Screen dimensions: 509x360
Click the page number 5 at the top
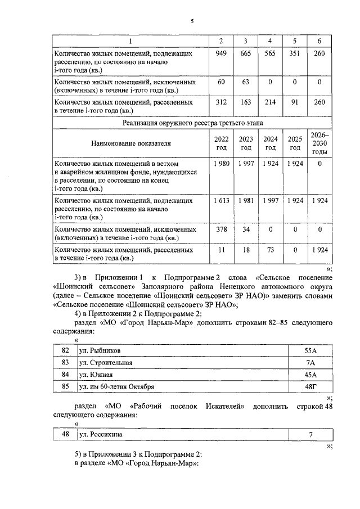coord(191,21)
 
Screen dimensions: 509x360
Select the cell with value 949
coord(221,54)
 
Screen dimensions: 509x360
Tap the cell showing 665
coord(245,54)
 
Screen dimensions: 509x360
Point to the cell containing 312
coord(221,102)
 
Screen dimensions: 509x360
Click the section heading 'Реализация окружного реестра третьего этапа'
coord(192,121)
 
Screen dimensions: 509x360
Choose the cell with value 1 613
coord(221,201)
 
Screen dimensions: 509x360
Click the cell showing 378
coord(221,230)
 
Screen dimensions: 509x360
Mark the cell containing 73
coord(270,249)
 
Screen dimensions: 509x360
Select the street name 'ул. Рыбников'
coord(100,351)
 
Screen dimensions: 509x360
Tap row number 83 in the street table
coord(65,363)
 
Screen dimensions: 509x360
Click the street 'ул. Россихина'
coord(101,435)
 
